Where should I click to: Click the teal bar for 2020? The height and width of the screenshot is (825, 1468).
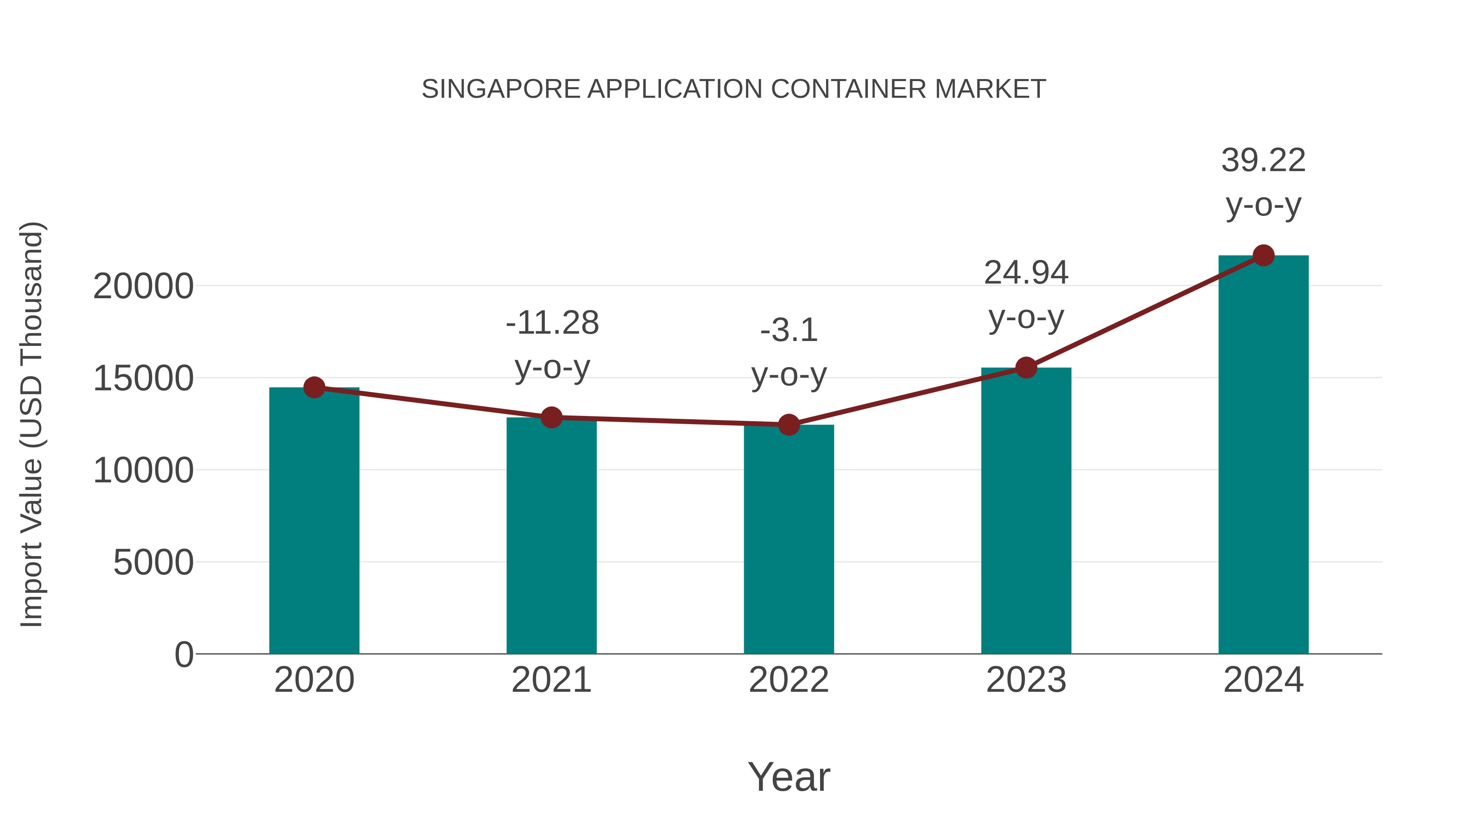click(x=314, y=521)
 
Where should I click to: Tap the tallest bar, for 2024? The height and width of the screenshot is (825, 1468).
click(x=1263, y=455)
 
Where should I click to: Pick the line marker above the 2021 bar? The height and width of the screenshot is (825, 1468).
click(x=551, y=417)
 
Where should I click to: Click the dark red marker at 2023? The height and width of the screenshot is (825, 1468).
click(x=1026, y=368)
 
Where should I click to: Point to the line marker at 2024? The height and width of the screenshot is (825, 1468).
click(x=1263, y=255)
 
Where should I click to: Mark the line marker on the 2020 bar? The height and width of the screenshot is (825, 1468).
click(x=314, y=388)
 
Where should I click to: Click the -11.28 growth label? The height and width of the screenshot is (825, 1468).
click(x=552, y=323)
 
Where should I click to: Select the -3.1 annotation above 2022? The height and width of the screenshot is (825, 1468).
click(x=789, y=330)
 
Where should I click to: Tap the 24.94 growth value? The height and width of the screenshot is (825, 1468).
click(x=1026, y=273)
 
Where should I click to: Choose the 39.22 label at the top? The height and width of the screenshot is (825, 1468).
click(x=1263, y=161)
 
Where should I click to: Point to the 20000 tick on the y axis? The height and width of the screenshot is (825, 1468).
click(x=143, y=286)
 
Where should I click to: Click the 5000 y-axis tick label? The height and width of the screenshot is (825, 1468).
click(x=153, y=563)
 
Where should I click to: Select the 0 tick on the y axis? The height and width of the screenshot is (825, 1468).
click(x=183, y=655)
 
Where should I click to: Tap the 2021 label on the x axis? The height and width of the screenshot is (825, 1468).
click(x=551, y=680)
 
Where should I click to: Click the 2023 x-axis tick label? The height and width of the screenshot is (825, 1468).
click(x=1026, y=680)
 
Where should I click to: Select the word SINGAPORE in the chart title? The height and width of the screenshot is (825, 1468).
click(x=500, y=89)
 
